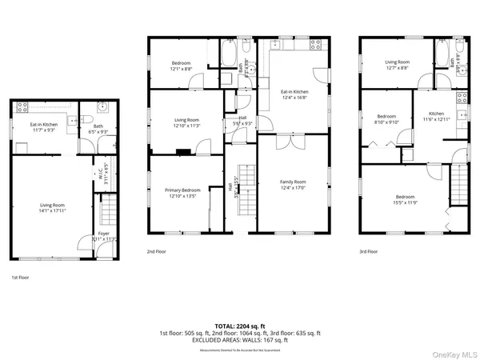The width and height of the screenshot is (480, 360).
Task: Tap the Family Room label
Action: pyautogui.click(x=293, y=182)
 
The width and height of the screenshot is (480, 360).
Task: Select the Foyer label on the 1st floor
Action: pyautogui.click(x=104, y=234)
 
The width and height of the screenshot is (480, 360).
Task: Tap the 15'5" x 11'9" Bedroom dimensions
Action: pyautogui.click(x=405, y=202)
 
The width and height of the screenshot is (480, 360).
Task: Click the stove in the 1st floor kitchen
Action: pyautogui.click(x=21, y=106)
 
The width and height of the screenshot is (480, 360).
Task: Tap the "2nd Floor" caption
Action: pyautogui.click(x=155, y=251)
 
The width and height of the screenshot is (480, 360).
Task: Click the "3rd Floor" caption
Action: pyautogui.click(x=368, y=251)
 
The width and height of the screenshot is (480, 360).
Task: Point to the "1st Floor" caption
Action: pyautogui.click(x=19, y=278)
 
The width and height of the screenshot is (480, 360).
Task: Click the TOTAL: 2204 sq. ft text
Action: pyautogui.click(x=239, y=326)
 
